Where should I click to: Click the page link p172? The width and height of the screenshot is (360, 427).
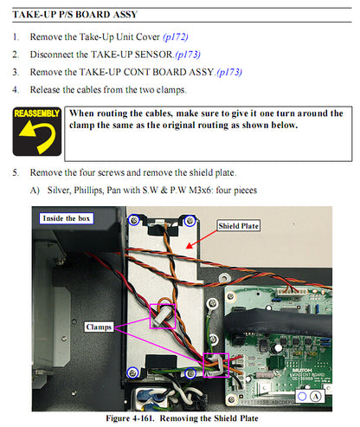pyautogui.click(x=176, y=37)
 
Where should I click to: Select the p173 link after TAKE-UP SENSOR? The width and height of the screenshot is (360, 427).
pyautogui.click(x=188, y=55)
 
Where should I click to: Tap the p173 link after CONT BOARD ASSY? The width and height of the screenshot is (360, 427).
pyautogui.click(x=229, y=72)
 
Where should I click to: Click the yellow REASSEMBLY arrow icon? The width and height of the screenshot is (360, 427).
pyautogui.click(x=37, y=132)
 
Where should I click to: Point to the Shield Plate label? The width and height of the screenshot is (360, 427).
pyautogui.click(x=238, y=226)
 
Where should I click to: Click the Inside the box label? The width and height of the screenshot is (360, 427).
pyautogui.click(x=67, y=218)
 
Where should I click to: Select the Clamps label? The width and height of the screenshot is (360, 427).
pyautogui.click(x=99, y=327)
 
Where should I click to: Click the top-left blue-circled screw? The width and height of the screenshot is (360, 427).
pyautogui.click(x=134, y=220)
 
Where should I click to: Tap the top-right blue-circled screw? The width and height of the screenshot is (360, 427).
pyautogui.click(x=190, y=221)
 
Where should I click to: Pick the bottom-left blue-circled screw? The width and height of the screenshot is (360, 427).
pyautogui.click(x=132, y=372)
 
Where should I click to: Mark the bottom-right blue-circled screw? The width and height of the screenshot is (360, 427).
pyautogui.click(x=190, y=373)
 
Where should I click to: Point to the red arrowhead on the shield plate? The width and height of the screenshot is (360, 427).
pyautogui.click(x=190, y=246)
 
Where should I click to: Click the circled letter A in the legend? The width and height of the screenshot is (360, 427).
pyautogui.click(x=316, y=397)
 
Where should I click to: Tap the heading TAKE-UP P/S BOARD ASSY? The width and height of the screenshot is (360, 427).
pyautogui.click(x=75, y=15)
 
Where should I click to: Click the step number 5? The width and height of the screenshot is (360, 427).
pyautogui.click(x=16, y=172)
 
